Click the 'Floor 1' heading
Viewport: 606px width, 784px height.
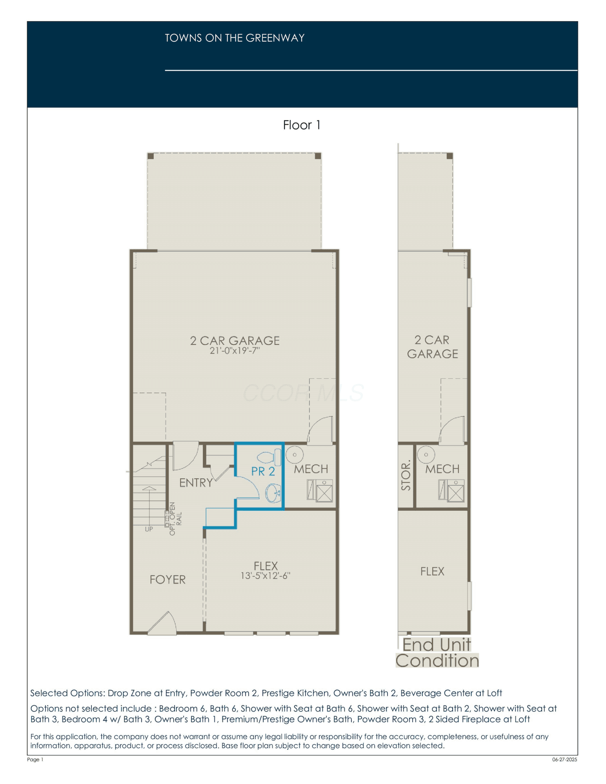[302, 125]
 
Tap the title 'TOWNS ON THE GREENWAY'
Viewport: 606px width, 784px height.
[235, 38]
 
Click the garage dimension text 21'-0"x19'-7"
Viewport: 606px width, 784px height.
[235, 350]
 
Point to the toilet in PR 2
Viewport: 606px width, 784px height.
[269, 457]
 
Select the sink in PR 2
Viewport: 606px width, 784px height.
[273, 493]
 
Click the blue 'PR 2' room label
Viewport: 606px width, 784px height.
[263, 471]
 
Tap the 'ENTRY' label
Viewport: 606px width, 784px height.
[196, 483]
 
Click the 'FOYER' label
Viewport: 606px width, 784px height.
[167, 579]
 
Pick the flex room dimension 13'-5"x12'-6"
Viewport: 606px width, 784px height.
[266, 575]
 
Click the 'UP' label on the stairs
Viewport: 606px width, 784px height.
[149, 529]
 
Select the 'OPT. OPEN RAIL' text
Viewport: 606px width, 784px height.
[175, 519]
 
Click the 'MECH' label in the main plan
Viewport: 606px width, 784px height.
[311, 469]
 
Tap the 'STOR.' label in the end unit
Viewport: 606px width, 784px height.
[406, 475]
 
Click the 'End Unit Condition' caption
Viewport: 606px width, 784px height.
[437, 653]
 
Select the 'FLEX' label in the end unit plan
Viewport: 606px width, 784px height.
[432, 571]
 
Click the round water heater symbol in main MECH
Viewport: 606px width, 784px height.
[295, 455]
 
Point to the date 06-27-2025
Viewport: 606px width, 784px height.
[565, 759]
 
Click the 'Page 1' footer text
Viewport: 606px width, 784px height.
[35, 759]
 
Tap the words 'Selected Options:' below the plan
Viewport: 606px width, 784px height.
[67, 693]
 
